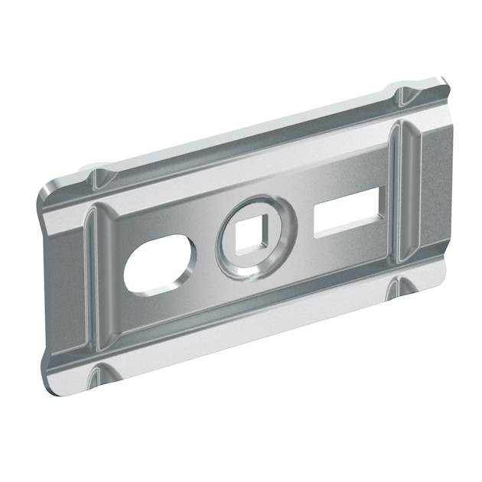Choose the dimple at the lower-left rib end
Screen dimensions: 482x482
point(98,374)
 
